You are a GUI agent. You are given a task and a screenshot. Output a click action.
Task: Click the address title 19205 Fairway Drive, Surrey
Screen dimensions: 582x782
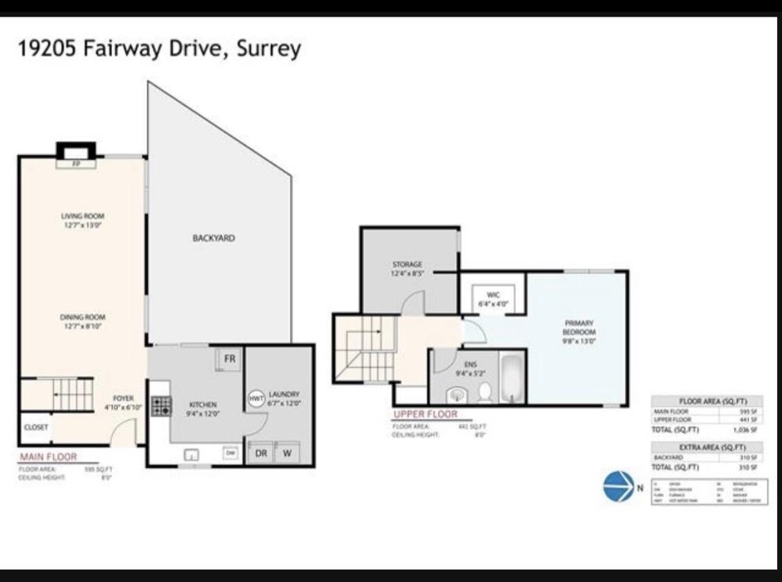[159, 49]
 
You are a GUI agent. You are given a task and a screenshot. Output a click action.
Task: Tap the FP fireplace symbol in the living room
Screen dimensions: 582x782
[76, 164]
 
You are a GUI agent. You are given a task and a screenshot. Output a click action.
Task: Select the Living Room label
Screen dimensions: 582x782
[83, 220]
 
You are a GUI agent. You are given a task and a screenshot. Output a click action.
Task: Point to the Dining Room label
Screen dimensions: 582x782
[83, 321]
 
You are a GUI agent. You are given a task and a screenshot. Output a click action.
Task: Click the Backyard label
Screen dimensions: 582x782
[213, 238]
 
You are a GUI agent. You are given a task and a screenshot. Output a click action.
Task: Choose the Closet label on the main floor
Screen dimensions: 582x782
[36, 428]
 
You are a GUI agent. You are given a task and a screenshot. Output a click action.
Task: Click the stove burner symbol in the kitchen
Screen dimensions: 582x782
[161, 406]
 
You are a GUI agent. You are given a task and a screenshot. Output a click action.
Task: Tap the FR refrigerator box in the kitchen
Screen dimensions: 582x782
[228, 359]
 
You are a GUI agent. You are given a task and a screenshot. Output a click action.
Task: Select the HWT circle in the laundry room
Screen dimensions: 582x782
[256, 398]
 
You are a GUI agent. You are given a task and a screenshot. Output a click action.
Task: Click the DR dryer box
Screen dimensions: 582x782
[261, 453]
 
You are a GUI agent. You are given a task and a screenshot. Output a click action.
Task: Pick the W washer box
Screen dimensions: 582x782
[286, 453]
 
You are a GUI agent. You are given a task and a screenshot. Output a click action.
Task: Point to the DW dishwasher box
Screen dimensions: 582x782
[229, 453]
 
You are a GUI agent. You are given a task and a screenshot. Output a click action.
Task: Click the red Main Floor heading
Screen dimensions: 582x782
[48, 457]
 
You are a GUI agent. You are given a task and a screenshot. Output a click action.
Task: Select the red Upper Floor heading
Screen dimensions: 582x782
[425, 414]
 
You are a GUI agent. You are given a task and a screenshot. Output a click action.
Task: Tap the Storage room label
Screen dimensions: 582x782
[407, 268]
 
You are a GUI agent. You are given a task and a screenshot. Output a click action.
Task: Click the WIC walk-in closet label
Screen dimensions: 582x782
[493, 299]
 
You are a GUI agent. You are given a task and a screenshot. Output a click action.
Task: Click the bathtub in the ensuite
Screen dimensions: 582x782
[512, 378]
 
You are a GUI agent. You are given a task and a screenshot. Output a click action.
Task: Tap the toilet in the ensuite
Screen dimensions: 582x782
[484, 393]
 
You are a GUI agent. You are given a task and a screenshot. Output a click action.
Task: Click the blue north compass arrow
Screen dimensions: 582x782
[618, 486]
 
